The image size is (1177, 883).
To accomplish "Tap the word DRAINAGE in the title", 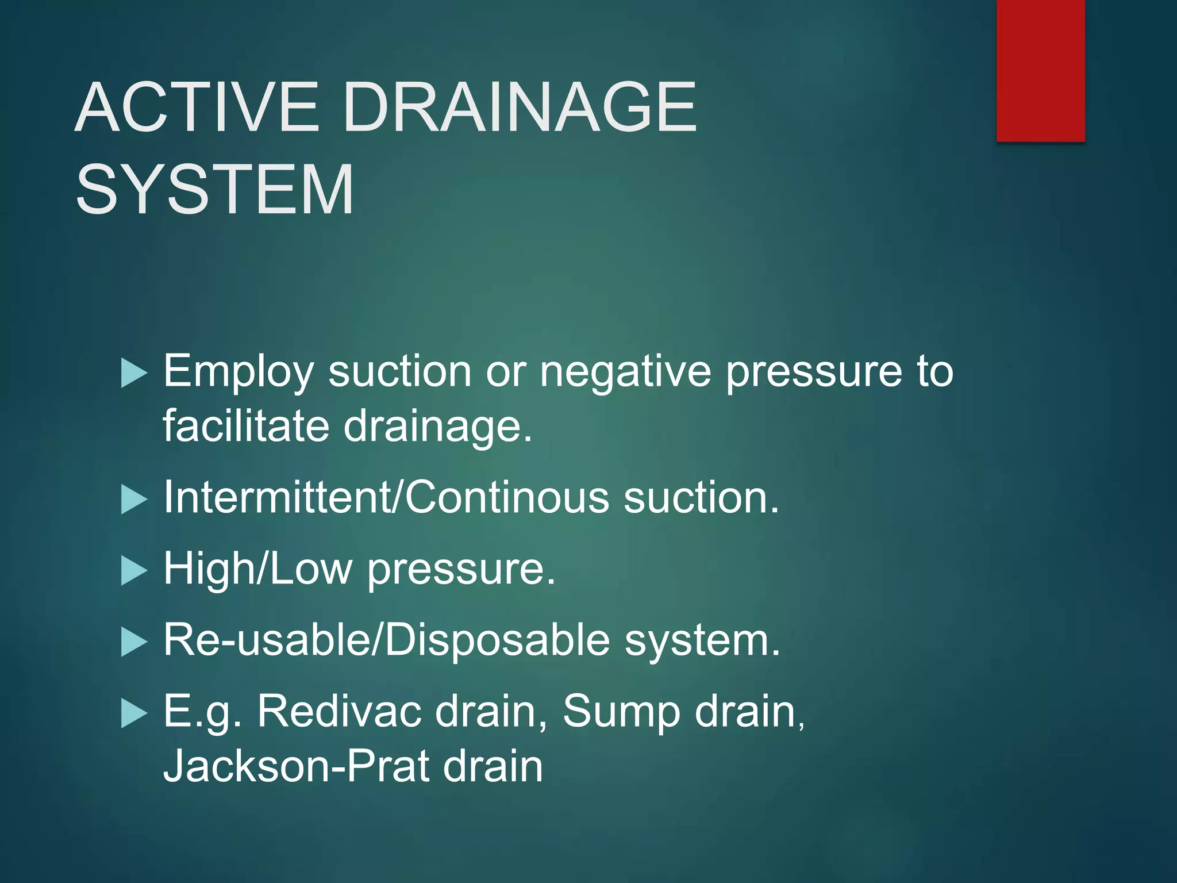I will click(520, 108).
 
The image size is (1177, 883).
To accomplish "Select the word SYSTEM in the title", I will click(214, 190).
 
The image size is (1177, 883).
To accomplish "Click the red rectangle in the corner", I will click(1040, 70).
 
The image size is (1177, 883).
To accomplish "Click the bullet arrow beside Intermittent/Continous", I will click(134, 499).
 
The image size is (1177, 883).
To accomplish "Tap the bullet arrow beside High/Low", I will click(134, 571).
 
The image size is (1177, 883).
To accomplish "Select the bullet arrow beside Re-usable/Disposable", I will click(134, 642).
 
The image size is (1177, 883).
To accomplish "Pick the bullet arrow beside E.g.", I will click(134, 714).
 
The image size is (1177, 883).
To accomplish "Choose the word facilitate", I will click(246, 426).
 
